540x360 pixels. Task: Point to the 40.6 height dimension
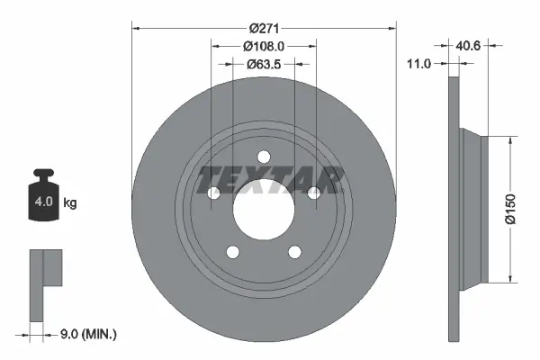pos(469,44)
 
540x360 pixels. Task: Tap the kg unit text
pos(70,203)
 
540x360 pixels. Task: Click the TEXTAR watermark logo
pos(270,179)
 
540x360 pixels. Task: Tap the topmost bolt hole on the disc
pos(264,155)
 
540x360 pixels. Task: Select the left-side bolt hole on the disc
pos(213,193)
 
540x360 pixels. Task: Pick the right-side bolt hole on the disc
pos(313,193)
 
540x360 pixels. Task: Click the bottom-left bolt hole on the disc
pos(232,252)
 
